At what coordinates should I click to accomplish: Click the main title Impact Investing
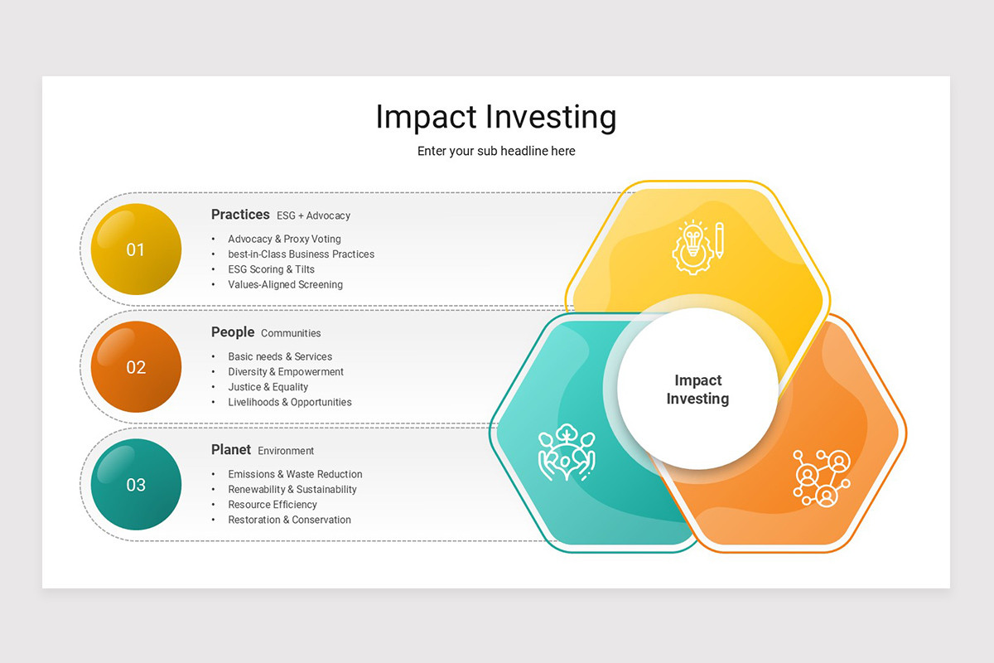[x=496, y=117]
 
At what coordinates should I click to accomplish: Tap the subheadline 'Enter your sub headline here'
[x=496, y=151]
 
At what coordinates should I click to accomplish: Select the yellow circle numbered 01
[x=136, y=249]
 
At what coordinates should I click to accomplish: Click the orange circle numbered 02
[x=136, y=367]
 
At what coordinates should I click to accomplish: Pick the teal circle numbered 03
[x=136, y=485]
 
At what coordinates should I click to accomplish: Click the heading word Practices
[x=240, y=215]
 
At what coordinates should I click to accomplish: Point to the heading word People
[x=233, y=332]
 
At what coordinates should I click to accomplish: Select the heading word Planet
[x=231, y=450]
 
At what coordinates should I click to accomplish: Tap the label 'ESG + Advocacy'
[x=313, y=215]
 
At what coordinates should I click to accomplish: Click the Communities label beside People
[x=291, y=333]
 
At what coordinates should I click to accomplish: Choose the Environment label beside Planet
[x=286, y=451]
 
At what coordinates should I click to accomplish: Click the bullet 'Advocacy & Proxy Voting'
[x=284, y=239]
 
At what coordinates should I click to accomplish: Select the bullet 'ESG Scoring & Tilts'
[x=271, y=269]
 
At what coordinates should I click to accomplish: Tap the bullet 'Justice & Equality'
[x=268, y=387]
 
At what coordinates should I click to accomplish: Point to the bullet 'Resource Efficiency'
[x=273, y=505]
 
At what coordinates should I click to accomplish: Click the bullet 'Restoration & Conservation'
[x=289, y=520]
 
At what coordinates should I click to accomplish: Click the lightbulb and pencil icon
[x=698, y=247]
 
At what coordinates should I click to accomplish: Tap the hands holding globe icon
[x=567, y=452]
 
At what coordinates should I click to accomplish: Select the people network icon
[x=822, y=478]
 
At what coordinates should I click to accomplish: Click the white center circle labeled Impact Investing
[x=697, y=389]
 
